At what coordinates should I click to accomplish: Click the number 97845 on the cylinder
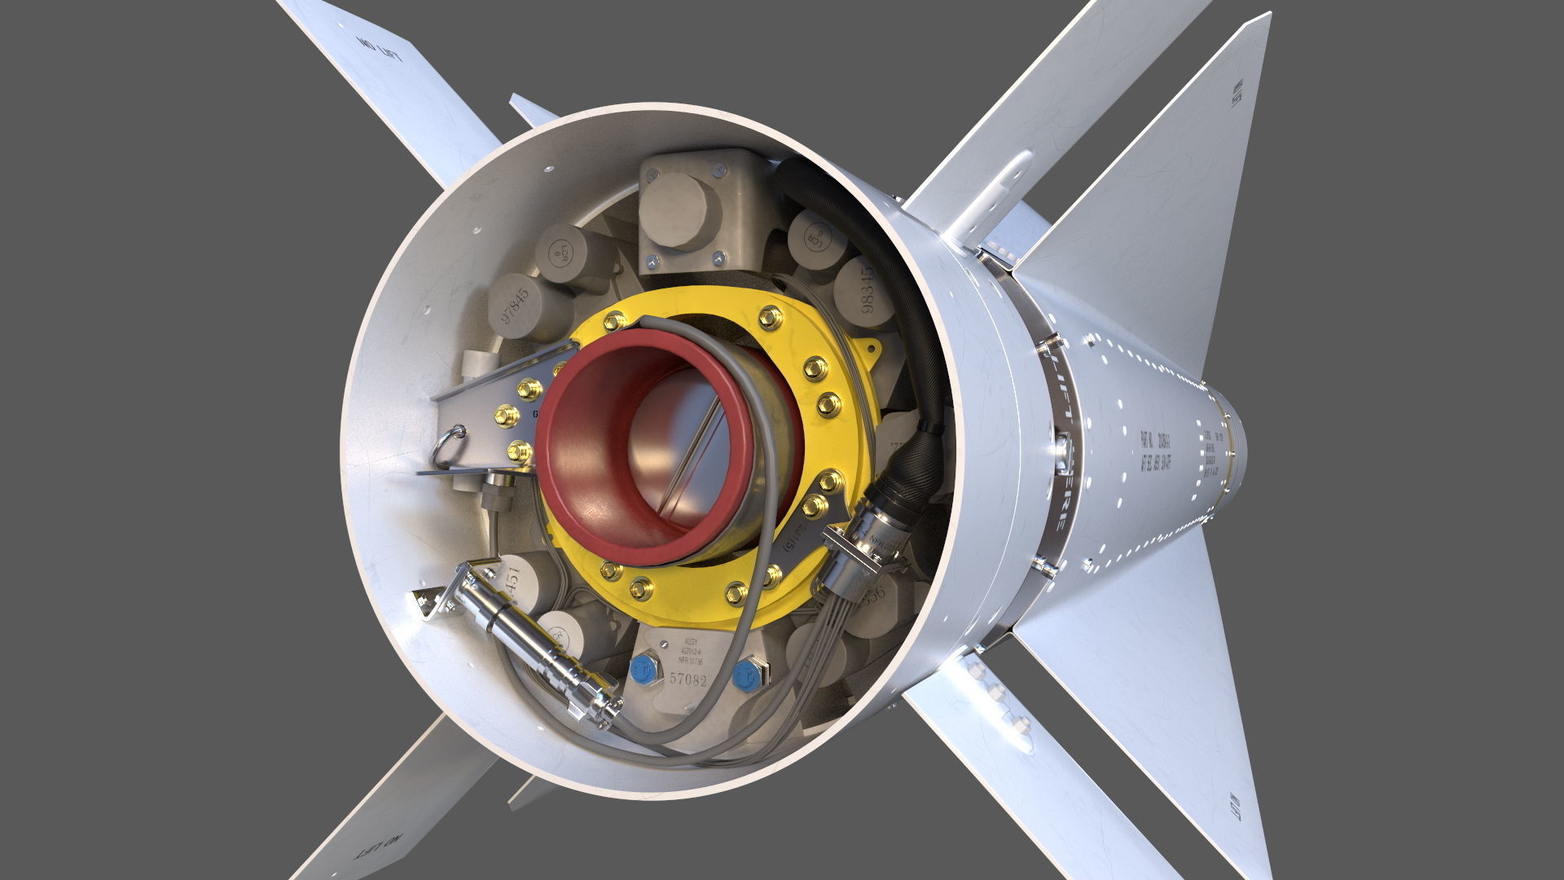coord(515,304)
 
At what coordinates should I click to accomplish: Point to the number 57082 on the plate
coord(688,679)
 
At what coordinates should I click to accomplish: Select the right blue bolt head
coord(745,674)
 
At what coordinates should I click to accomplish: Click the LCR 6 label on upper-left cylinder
coord(560,253)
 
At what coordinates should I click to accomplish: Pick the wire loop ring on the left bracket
coord(450,446)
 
